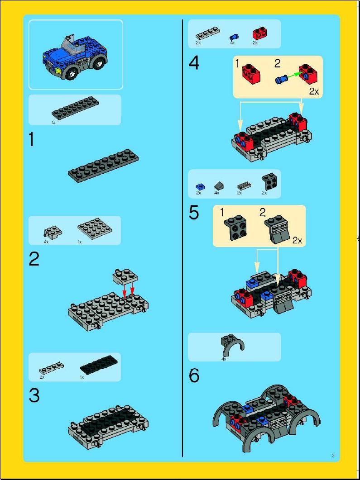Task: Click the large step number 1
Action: [32, 141]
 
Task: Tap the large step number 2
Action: [34, 260]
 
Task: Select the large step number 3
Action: [34, 396]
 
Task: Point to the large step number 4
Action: [194, 64]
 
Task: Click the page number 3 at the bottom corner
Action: [333, 456]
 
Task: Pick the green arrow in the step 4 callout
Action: [293, 76]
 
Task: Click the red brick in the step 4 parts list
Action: [259, 34]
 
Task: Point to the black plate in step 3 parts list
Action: [98, 365]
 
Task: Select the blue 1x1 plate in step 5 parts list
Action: [200, 186]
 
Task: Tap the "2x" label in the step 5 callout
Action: [297, 241]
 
